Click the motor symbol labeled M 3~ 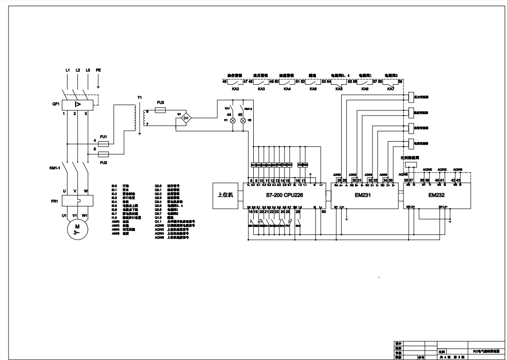tap(77, 230)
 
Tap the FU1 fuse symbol tap(104, 143)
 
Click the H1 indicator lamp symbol tap(233, 121)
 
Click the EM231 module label tap(364, 195)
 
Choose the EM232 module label tap(436, 195)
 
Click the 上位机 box tap(225, 195)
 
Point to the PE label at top tap(98, 70)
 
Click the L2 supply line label tap(77, 70)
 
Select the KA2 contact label tap(235, 89)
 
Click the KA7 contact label tap(391, 89)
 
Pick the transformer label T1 tap(139, 97)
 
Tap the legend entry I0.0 tap(114, 186)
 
